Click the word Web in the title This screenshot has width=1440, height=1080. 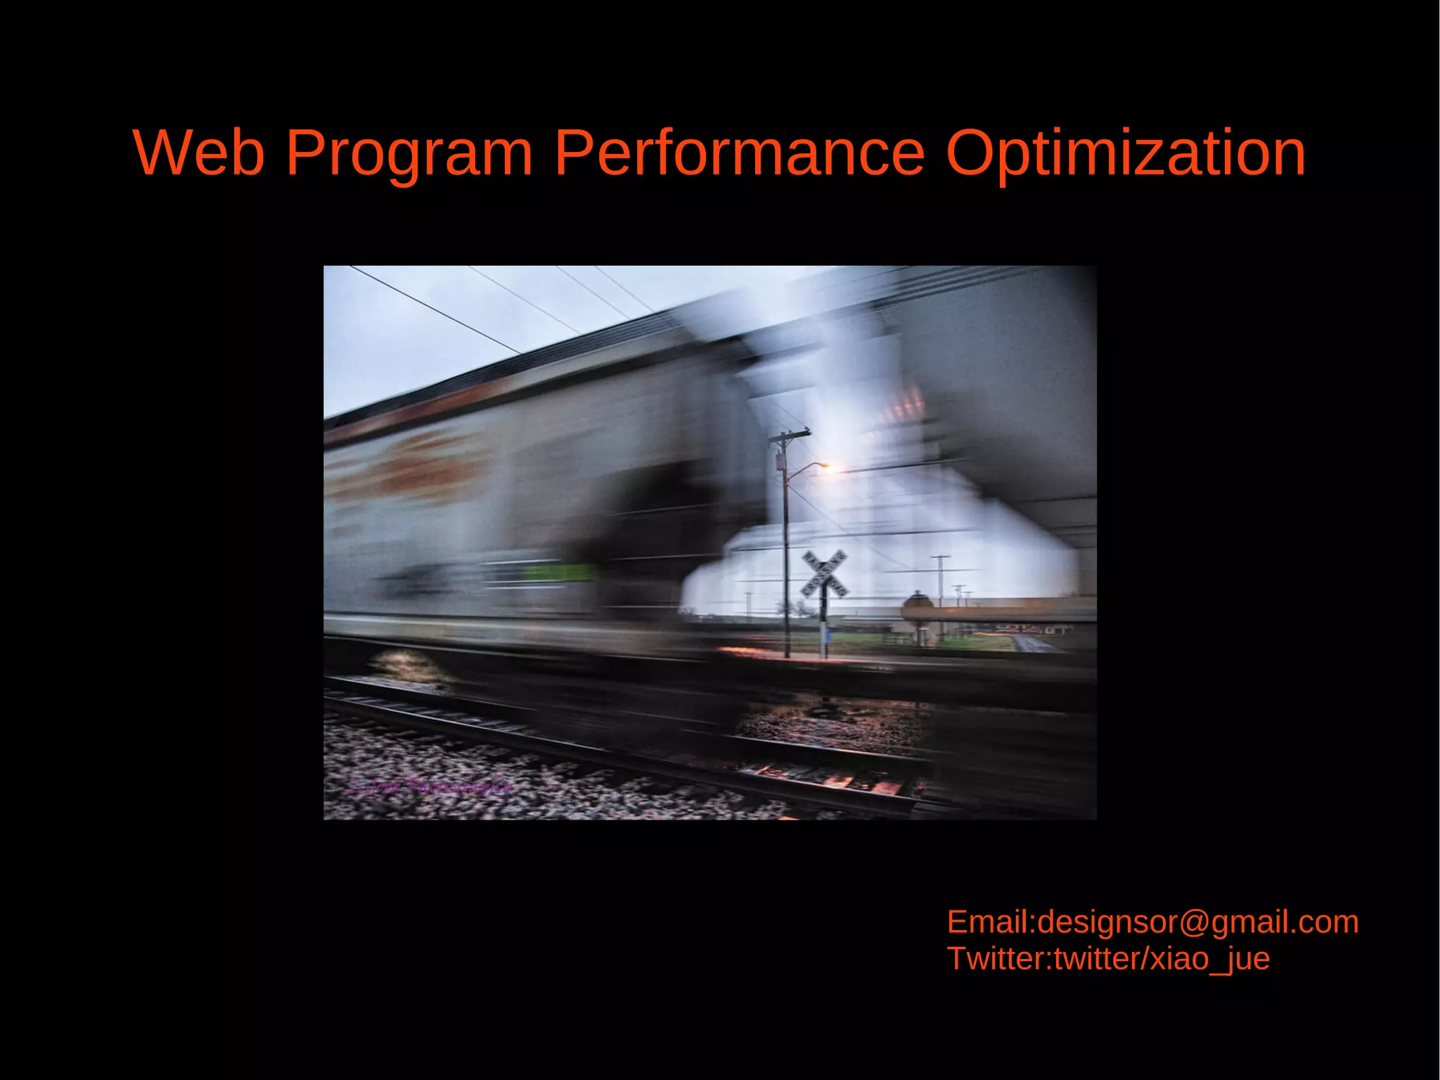198,153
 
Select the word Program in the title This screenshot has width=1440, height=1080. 409,153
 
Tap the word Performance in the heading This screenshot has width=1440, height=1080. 738,153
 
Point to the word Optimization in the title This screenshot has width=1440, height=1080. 1125,153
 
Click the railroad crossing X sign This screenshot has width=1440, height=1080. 824,573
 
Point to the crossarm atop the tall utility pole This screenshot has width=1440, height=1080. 789,436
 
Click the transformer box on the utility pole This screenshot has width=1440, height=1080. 780,462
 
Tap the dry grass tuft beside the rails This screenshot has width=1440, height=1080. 408,665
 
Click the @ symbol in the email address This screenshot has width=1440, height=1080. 1195,922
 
